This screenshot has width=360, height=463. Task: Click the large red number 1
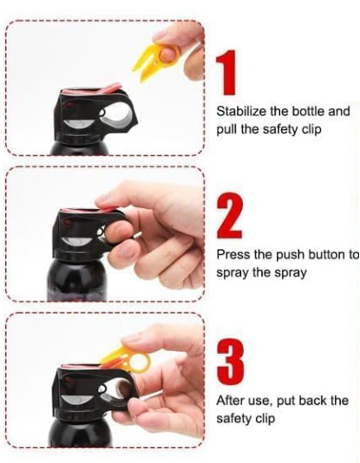pos(226,72)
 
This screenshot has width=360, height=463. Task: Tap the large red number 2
pos(230,216)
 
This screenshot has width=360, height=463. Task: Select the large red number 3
pos(231,361)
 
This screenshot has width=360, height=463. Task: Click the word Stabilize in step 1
pos(242,111)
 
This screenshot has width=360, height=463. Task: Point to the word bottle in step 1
pos(306,111)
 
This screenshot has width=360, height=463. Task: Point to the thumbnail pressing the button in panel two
pos(104,202)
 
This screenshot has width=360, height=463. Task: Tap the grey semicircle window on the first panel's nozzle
pos(79,124)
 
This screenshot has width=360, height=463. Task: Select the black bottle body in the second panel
pos(77,281)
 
